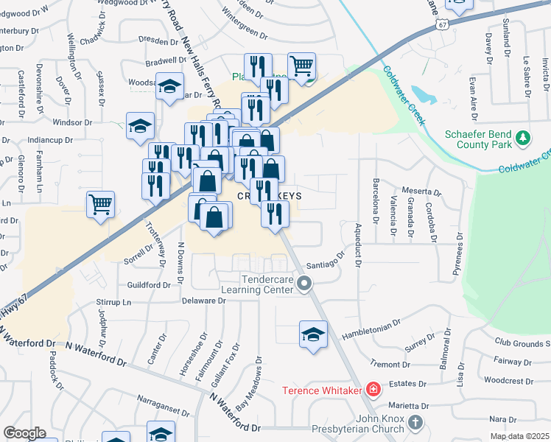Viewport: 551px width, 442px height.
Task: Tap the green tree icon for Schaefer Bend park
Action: pyautogui.click(x=523, y=138)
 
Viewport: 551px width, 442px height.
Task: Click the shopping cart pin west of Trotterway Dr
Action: pyautogui.click(x=100, y=204)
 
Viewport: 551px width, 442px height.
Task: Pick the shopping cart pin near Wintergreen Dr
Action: pyautogui.click(x=302, y=66)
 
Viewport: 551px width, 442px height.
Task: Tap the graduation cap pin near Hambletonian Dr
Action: pyautogui.click(x=313, y=334)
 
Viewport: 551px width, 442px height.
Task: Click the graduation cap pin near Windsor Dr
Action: pyautogui.click(x=139, y=125)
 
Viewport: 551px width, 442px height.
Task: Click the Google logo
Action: pyautogui.click(x=24, y=433)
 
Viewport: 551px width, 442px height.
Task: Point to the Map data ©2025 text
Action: pyautogui.click(x=519, y=437)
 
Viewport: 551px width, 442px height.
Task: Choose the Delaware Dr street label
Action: pyautogui.click(x=205, y=301)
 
